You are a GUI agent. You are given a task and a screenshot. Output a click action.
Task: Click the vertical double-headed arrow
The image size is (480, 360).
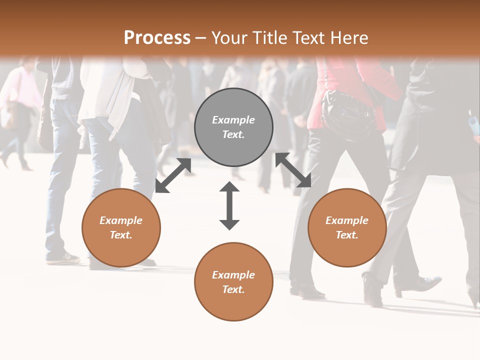pos(229,205)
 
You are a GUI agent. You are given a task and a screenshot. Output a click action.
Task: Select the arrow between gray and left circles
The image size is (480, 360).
pos(173,175)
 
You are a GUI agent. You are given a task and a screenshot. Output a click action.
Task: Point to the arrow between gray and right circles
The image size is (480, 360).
pos(293,170)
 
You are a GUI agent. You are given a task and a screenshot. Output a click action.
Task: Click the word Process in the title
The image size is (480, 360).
pos(157,37)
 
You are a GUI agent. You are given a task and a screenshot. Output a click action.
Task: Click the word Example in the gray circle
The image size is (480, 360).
pos(233,120)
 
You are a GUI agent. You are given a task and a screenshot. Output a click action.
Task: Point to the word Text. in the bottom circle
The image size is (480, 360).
pos(233,289)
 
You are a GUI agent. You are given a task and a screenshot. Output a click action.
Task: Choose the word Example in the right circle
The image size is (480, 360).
pos(347,220)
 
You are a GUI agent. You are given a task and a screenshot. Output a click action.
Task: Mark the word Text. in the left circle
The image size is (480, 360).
pos(121,235)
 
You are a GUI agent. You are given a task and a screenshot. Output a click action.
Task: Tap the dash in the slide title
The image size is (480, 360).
pos(201,37)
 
